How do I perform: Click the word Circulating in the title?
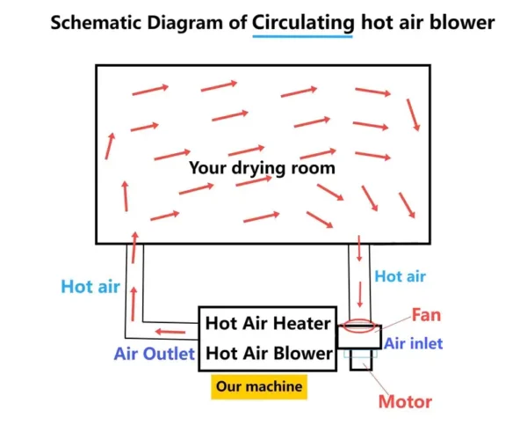303,24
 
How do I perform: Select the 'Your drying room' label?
262,168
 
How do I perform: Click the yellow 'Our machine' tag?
259,386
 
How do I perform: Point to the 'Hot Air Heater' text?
268,323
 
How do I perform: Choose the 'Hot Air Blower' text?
269,353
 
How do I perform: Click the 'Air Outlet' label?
155,354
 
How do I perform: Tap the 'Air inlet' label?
413,344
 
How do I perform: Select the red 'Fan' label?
426,315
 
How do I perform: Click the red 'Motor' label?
405,401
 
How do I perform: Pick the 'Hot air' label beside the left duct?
90,287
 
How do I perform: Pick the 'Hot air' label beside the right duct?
400,276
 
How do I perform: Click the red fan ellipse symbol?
359,326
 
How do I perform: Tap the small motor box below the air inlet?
361,359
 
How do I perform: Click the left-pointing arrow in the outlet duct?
170,332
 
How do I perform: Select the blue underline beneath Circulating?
302,36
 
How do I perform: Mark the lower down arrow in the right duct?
360,294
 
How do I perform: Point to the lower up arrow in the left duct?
134,304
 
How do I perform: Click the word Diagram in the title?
184,23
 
